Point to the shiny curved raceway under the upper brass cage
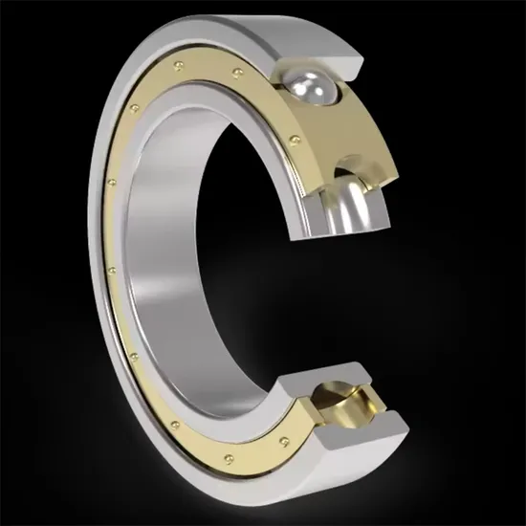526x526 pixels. pyautogui.click(x=360, y=206)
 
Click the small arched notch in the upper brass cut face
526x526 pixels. pyautogui.click(x=350, y=173)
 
